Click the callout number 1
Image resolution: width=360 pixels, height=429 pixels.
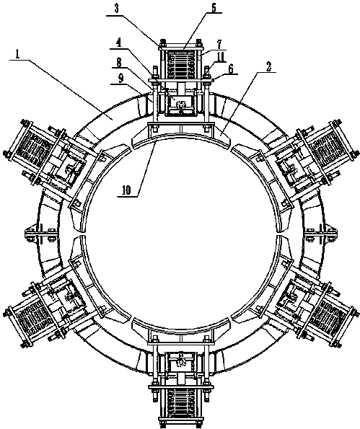[17, 55]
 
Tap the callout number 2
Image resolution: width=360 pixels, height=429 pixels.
[269, 66]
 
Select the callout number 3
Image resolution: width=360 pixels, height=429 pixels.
[117, 9]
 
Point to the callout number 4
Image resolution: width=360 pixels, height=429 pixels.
[118, 43]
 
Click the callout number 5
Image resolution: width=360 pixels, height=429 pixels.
[214, 7]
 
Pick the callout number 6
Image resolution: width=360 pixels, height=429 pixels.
[231, 69]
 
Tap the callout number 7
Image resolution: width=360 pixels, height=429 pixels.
[219, 44]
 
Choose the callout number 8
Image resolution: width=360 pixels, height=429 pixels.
[119, 63]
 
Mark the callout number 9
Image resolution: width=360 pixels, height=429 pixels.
[121, 79]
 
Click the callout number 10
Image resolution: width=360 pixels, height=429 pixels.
[126, 190]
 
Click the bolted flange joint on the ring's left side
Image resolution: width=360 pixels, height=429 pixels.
[40, 233]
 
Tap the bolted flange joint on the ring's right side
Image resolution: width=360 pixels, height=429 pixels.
[320, 233]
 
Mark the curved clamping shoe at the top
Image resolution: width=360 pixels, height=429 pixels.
[180, 136]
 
